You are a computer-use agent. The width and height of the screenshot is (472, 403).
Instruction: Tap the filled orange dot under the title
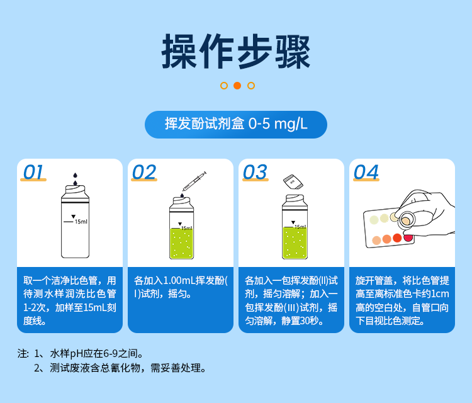[237, 86]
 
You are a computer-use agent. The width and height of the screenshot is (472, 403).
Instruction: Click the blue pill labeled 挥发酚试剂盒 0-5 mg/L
[236, 125]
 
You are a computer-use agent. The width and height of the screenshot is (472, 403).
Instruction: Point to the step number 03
[254, 172]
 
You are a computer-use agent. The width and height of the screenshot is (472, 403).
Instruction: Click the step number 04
[366, 172]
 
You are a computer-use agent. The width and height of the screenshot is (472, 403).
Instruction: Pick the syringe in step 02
[194, 181]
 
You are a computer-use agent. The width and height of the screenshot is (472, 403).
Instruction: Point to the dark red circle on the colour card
[408, 237]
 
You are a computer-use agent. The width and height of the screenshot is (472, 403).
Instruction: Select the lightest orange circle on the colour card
[376, 241]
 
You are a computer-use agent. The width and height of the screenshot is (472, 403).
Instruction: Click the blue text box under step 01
[70, 300]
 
